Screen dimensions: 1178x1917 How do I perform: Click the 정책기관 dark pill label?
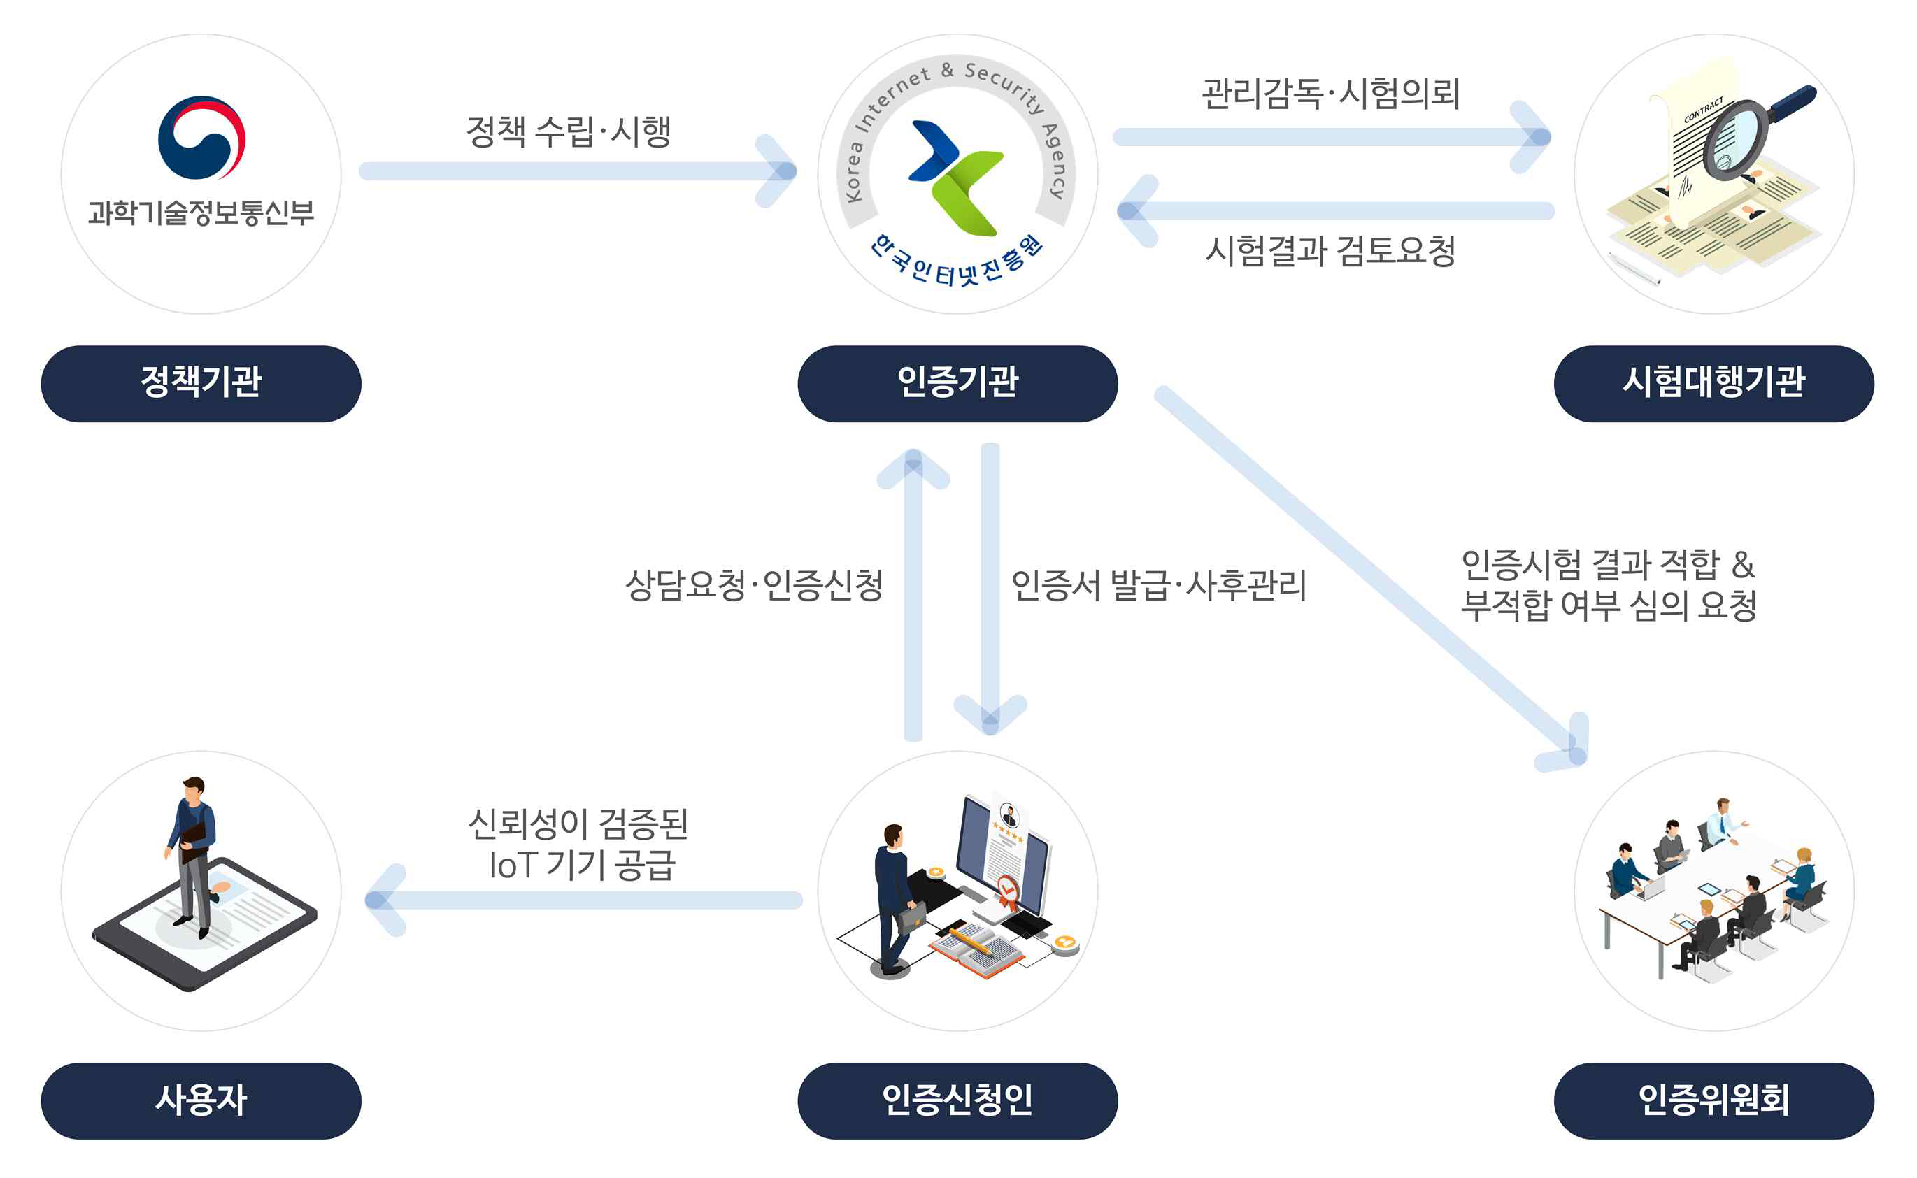(201, 383)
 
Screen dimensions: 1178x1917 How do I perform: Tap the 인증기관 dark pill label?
(957, 383)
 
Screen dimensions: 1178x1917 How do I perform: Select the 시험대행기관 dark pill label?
(1713, 383)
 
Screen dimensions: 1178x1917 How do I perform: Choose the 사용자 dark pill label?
(201, 1100)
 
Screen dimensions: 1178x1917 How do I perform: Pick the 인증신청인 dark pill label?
(957, 1100)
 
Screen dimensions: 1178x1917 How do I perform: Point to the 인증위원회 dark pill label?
(1713, 1100)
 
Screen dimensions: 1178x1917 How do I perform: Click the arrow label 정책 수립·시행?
(568, 131)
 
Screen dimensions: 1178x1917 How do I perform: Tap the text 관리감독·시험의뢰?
(1330, 94)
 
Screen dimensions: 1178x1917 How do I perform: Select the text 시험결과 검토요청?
(1330, 251)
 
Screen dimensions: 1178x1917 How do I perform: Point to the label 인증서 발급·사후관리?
(1158, 585)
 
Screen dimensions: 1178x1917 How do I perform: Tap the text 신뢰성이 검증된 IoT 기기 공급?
(578, 845)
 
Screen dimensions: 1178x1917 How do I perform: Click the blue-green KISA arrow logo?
(955, 177)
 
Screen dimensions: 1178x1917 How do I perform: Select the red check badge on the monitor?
(1008, 888)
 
